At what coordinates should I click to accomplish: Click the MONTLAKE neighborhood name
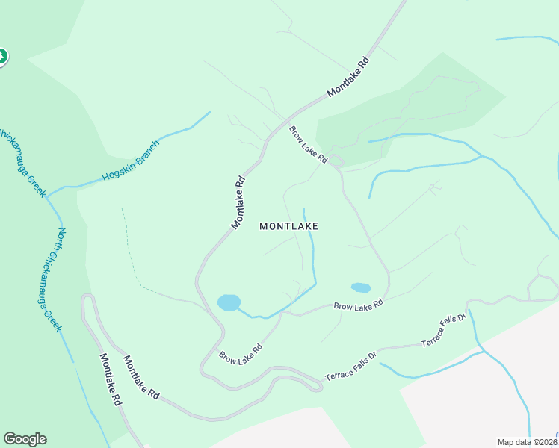tap(288, 225)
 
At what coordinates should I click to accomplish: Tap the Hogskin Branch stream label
tap(131, 163)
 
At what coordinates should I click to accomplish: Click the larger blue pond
tap(229, 302)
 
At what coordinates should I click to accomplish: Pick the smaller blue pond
tap(360, 287)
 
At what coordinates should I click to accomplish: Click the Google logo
tap(25, 439)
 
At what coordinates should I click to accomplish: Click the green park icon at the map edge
tap(2, 56)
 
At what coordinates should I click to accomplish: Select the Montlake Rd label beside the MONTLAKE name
tap(238, 202)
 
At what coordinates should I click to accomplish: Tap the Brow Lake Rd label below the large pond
tap(241, 353)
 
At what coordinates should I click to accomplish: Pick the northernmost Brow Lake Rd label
tap(309, 144)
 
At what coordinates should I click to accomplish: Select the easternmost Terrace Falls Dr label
tap(443, 330)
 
